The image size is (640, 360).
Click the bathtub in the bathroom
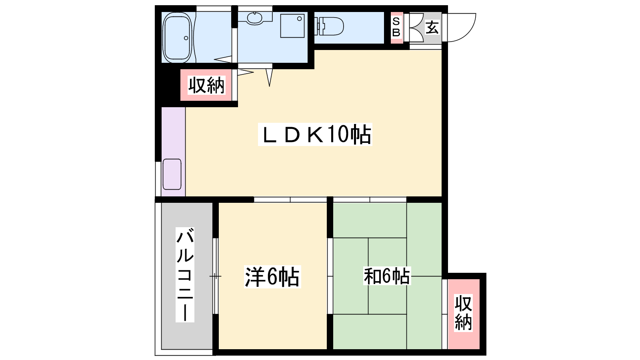click(x=177, y=38)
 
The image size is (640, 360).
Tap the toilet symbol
click(x=329, y=26)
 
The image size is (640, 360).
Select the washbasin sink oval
click(x=254, y=18)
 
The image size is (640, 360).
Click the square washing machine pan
click(x=292, y=26)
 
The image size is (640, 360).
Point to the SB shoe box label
click(x=396, y=27)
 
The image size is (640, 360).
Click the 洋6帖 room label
click(x=272, y=276)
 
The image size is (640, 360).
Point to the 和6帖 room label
click(x=386, y=276)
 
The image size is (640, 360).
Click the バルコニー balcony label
click(x=185, y=274)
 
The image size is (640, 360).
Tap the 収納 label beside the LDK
click(x=206, y=85)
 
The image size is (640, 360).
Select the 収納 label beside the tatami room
click(x=463, y=313)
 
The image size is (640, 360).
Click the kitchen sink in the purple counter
click(x=172, y=174)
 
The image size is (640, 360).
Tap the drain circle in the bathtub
click(x=186, y=38)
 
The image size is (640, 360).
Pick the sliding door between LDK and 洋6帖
click(x=290, y=200)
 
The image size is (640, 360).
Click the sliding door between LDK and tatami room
click(x=370, y=200)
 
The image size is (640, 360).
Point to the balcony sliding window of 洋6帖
click(x=216, y=276)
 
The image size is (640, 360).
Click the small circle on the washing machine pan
click(x=299, y=19)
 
